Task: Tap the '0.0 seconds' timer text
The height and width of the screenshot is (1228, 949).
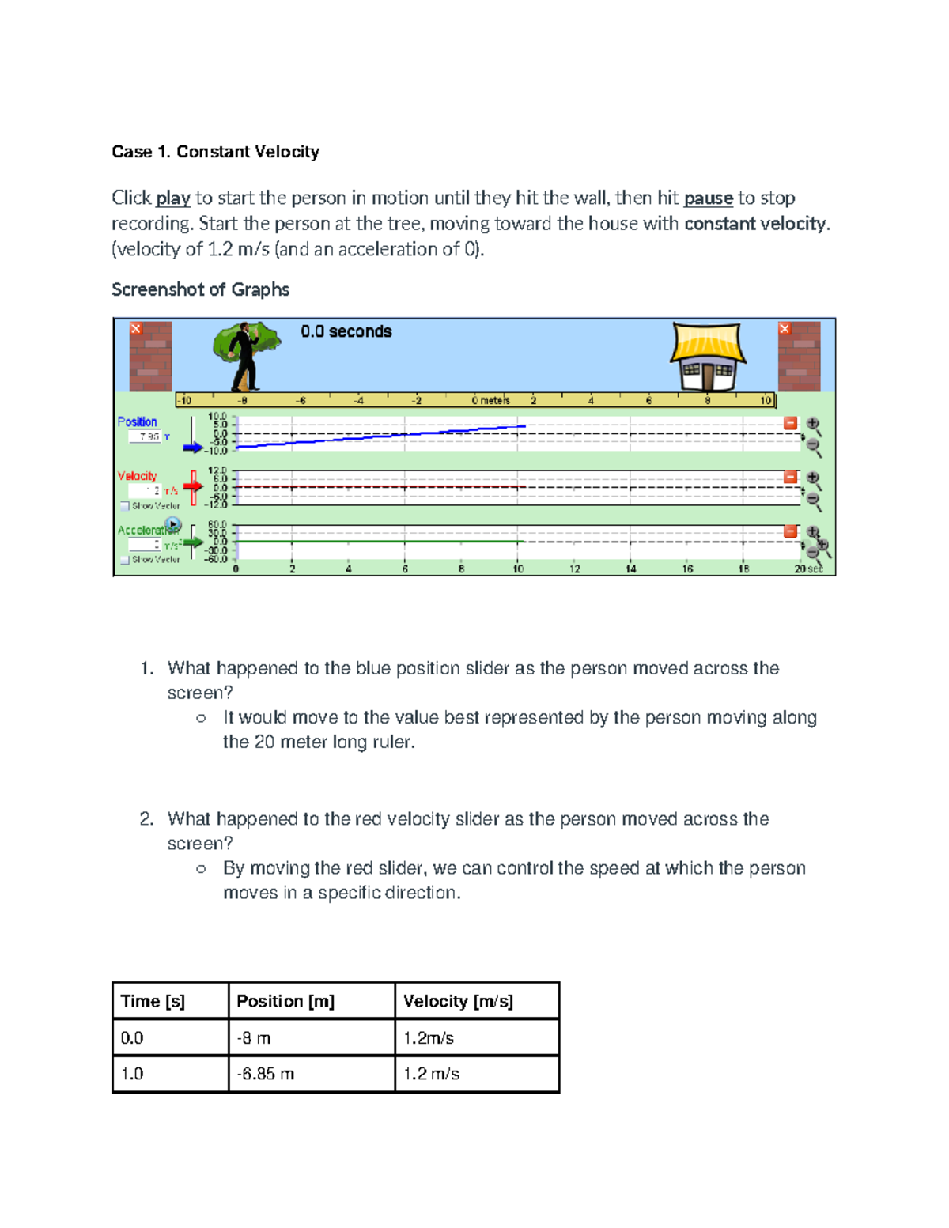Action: [346, 331]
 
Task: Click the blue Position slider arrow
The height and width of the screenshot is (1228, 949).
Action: [192, 448]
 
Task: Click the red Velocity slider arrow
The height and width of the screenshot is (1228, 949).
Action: [192, 485]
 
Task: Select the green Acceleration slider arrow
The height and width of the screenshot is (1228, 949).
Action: [192, 542]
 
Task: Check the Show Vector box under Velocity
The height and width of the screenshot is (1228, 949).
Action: [125, 506]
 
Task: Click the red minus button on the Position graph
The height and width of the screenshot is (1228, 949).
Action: [790, 423]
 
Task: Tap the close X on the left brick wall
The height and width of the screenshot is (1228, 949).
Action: [136, 328]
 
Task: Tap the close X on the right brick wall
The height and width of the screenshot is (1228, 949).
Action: [785, 328]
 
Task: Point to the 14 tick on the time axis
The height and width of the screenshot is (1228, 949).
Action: [630, 569]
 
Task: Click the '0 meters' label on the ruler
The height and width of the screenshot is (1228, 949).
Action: [490, 400]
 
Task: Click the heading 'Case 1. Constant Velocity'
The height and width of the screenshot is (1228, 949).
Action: [215, 152]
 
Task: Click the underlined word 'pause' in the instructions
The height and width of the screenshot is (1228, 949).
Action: [708, 198]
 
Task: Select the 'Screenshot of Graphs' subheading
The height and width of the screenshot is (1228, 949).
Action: [200, 289]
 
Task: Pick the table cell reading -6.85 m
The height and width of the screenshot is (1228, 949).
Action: [266, 1074]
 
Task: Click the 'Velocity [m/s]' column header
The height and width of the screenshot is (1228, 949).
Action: [458, 1001]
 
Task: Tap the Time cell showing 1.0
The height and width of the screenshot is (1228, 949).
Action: [132, 1074]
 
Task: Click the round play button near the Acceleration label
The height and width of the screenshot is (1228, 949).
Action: [173, 524]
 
